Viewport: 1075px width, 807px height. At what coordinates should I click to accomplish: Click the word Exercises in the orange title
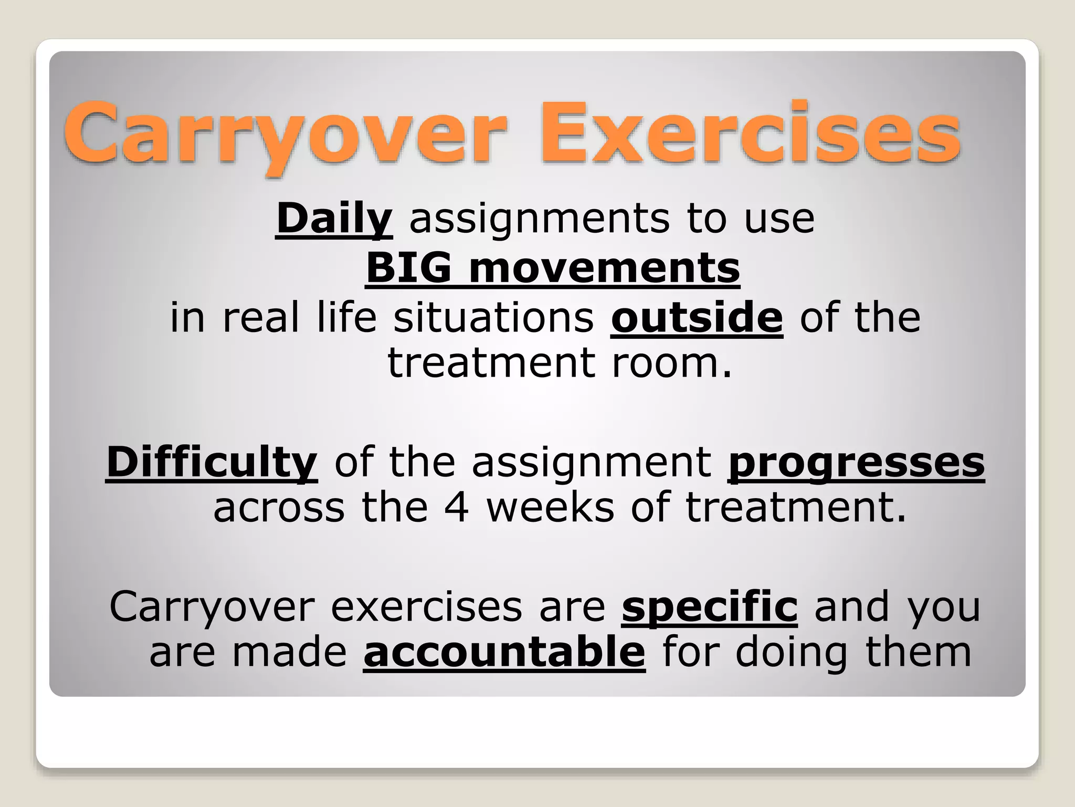point(751,134)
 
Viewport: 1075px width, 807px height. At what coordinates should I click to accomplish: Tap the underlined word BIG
point(408,268)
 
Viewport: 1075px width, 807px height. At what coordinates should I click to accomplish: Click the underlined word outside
point(697,317)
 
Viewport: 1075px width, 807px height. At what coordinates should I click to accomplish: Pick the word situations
point(493,317)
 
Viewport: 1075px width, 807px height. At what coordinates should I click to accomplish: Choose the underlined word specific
point(709,607)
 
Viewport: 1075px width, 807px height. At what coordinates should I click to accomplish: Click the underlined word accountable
point(504,652)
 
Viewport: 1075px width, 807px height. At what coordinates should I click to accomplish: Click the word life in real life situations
point(347,317)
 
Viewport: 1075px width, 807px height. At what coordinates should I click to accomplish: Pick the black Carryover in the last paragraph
point(212,607)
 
